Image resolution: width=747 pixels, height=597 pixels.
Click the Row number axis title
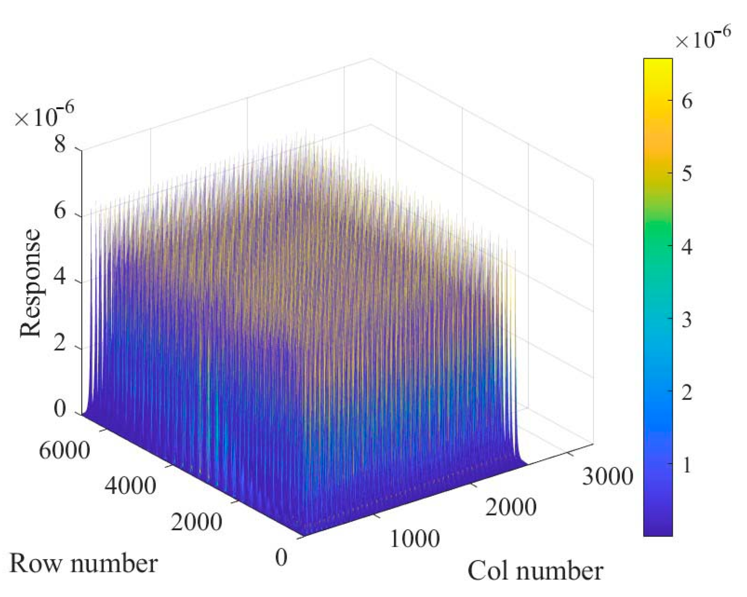coord(83,563)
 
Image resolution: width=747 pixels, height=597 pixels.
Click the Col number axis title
coord(535,571)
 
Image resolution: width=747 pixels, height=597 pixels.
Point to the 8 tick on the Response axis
coord(60,144)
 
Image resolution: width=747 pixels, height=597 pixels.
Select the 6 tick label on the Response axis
coord(60,210)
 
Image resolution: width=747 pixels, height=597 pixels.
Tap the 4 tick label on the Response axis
coord(60,277)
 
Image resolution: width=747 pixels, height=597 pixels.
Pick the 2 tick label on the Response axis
coord(60,343)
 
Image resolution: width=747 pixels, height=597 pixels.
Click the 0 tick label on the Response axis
coord(60,409)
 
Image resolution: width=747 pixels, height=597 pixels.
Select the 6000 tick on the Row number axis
coord(64,450)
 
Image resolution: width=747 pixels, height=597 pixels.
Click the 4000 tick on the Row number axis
coord(130,485)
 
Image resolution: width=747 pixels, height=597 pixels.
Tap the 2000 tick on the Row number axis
coord(196,522)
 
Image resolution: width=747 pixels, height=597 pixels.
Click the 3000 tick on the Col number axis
coord(607,476)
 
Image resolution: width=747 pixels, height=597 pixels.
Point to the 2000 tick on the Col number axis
coord(511,507)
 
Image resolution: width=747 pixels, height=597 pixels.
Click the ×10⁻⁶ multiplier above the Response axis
coord(43,116)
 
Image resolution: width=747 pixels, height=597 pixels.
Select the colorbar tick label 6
coord(687,101)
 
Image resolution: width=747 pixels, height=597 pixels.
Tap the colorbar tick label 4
coord(687,246)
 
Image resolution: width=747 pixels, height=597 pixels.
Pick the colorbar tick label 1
coord(687,465)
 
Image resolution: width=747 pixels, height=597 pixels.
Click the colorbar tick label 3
coord(687,320)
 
